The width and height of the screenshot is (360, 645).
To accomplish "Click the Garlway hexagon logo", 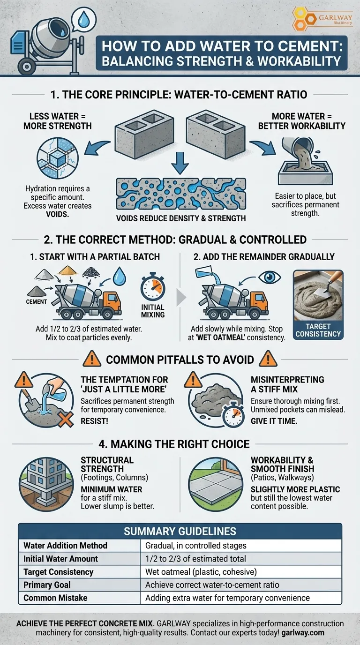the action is (304, 19).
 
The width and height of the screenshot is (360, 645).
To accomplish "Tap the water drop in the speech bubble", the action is (84, 20).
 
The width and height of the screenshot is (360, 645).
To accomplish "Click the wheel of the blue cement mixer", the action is (27, 66).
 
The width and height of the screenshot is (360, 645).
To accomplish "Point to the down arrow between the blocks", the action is (180, 163).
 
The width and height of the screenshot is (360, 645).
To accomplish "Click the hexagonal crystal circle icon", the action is (58, 158).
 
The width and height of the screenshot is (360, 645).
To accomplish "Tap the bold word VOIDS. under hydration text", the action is (57, 214).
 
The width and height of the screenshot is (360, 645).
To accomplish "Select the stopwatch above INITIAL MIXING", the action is (153, 286).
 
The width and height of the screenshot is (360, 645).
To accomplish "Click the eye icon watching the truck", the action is (269, 277).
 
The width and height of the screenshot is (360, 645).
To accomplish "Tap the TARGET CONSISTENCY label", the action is (318, 330).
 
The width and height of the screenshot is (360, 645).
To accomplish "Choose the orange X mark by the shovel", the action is (65, 419).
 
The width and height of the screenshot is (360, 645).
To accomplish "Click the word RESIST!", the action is (95, 421).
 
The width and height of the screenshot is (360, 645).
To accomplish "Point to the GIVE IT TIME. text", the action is (274, 421).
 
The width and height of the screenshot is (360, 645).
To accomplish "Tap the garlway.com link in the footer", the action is (303, 633).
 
